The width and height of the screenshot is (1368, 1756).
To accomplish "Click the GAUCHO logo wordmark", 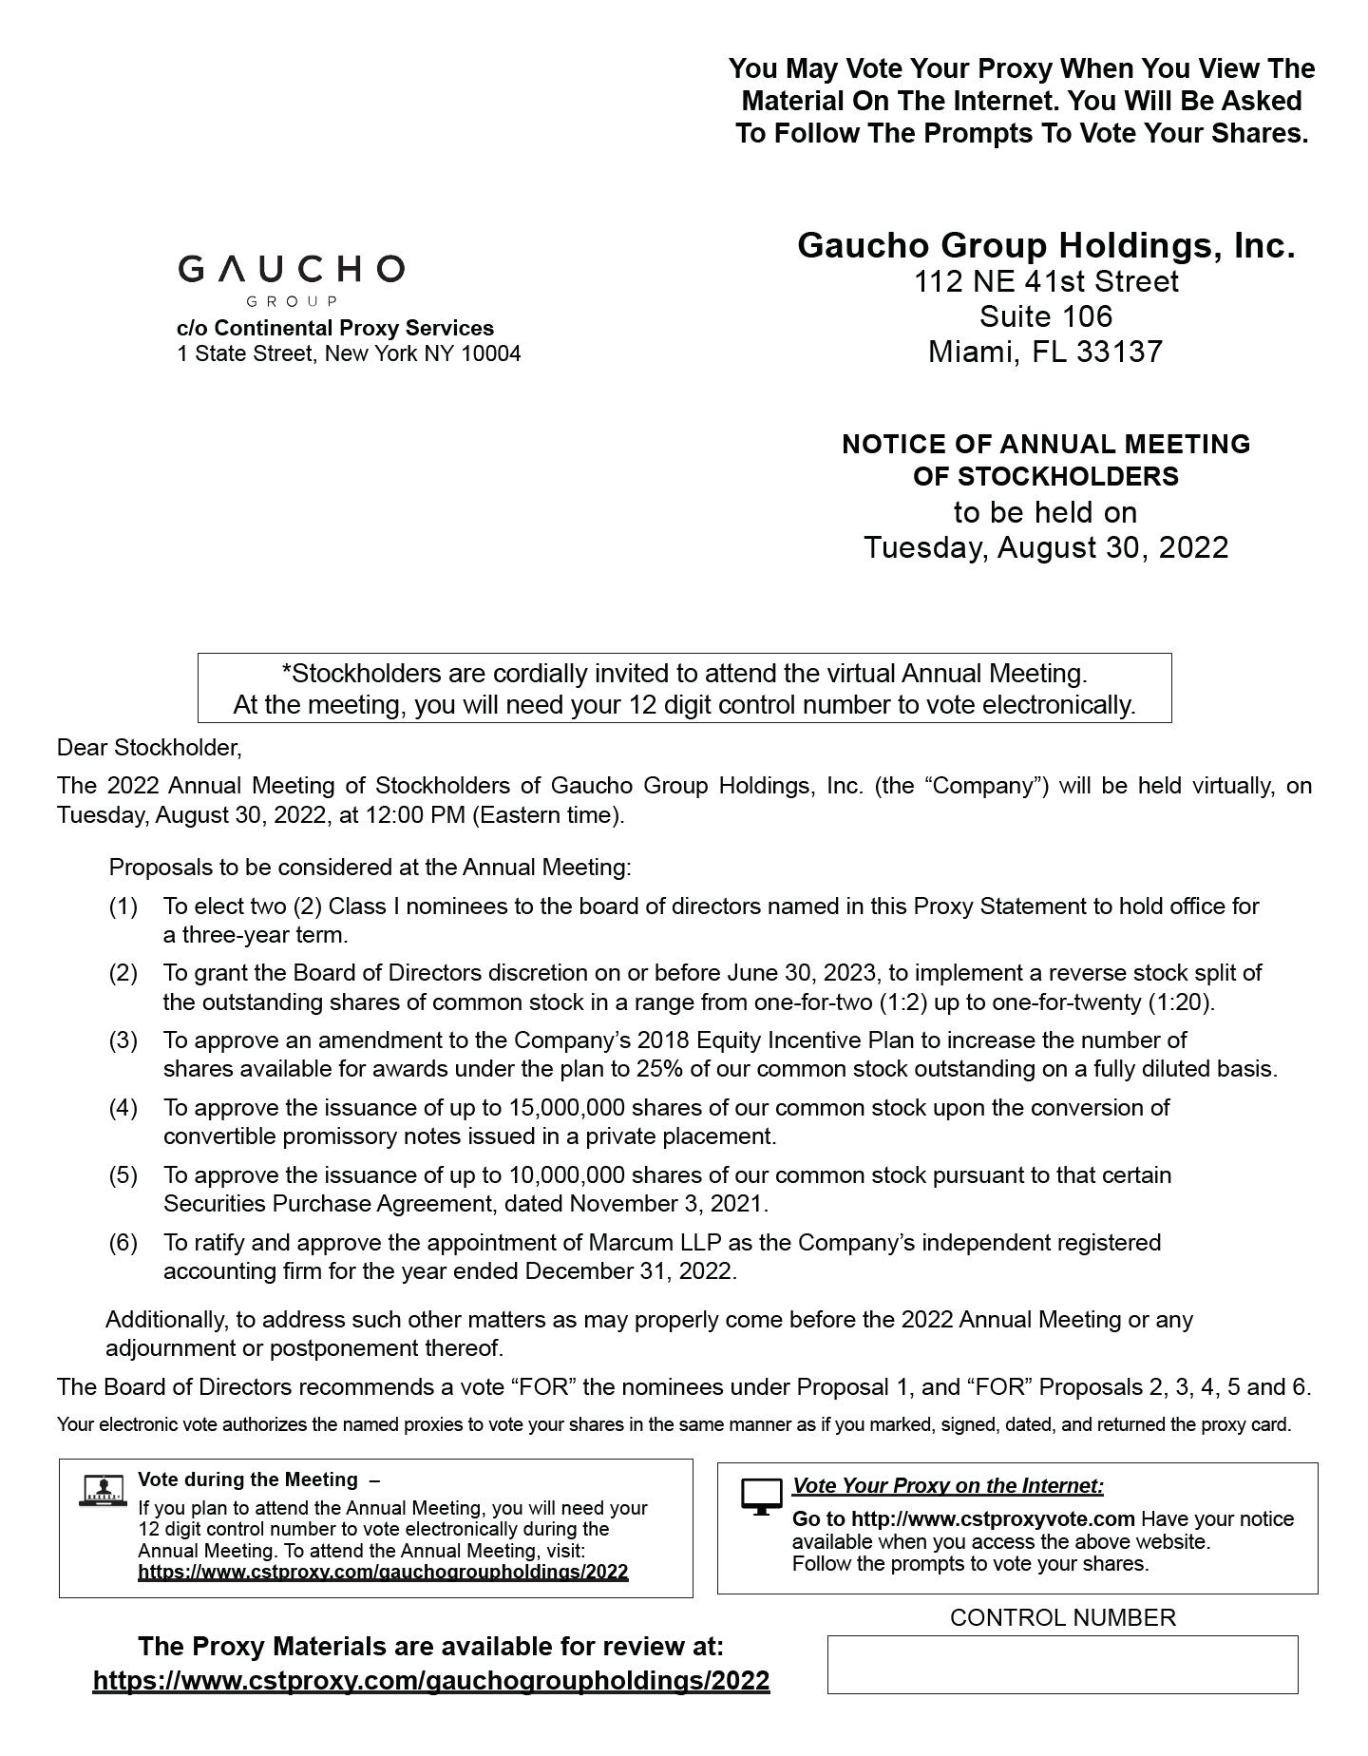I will tap(291, 270).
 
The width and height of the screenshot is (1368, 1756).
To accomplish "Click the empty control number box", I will tap(1062, 1664).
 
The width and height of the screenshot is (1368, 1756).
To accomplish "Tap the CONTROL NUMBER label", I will tap(1062, 1617).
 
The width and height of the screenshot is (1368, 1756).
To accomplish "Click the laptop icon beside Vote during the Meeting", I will tap(103, 1490).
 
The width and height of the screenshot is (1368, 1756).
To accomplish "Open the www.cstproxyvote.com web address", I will tap(964, 1518).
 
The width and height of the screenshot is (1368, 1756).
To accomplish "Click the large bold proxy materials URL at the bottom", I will tap(431, 1680).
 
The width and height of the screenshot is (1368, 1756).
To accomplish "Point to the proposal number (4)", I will tap(123, 1107).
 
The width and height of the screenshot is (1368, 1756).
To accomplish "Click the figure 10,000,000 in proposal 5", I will tap(566, 1174).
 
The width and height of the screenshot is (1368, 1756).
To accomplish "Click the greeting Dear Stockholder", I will tap(149, 748).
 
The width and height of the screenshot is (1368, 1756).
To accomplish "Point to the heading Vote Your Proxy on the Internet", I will tap(947, 1485).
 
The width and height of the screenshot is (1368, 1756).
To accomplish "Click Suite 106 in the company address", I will tap(1045, 316).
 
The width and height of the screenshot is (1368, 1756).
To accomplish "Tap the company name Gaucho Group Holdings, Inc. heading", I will tap(1045, 245).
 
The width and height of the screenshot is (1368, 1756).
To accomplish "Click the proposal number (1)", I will tap(123, 906).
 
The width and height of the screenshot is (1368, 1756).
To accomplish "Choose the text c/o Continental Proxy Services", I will tap(335, 328).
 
